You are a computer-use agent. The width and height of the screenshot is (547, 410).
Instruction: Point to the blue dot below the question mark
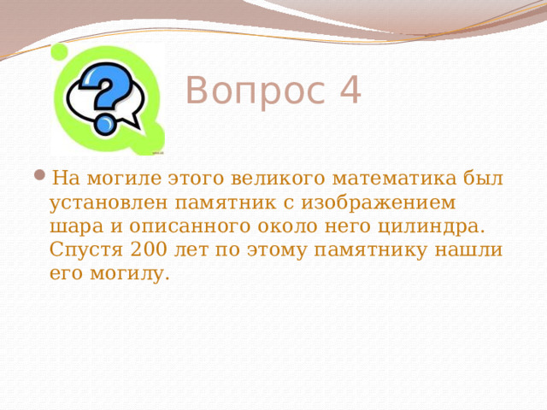click(x=105, y=125)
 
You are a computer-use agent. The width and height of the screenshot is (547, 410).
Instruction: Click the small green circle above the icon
click(x=60, y=52)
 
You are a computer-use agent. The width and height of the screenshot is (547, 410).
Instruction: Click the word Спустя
click(x=85, y=251)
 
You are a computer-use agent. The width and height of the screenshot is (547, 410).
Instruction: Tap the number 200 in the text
click(x=150, y=251)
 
